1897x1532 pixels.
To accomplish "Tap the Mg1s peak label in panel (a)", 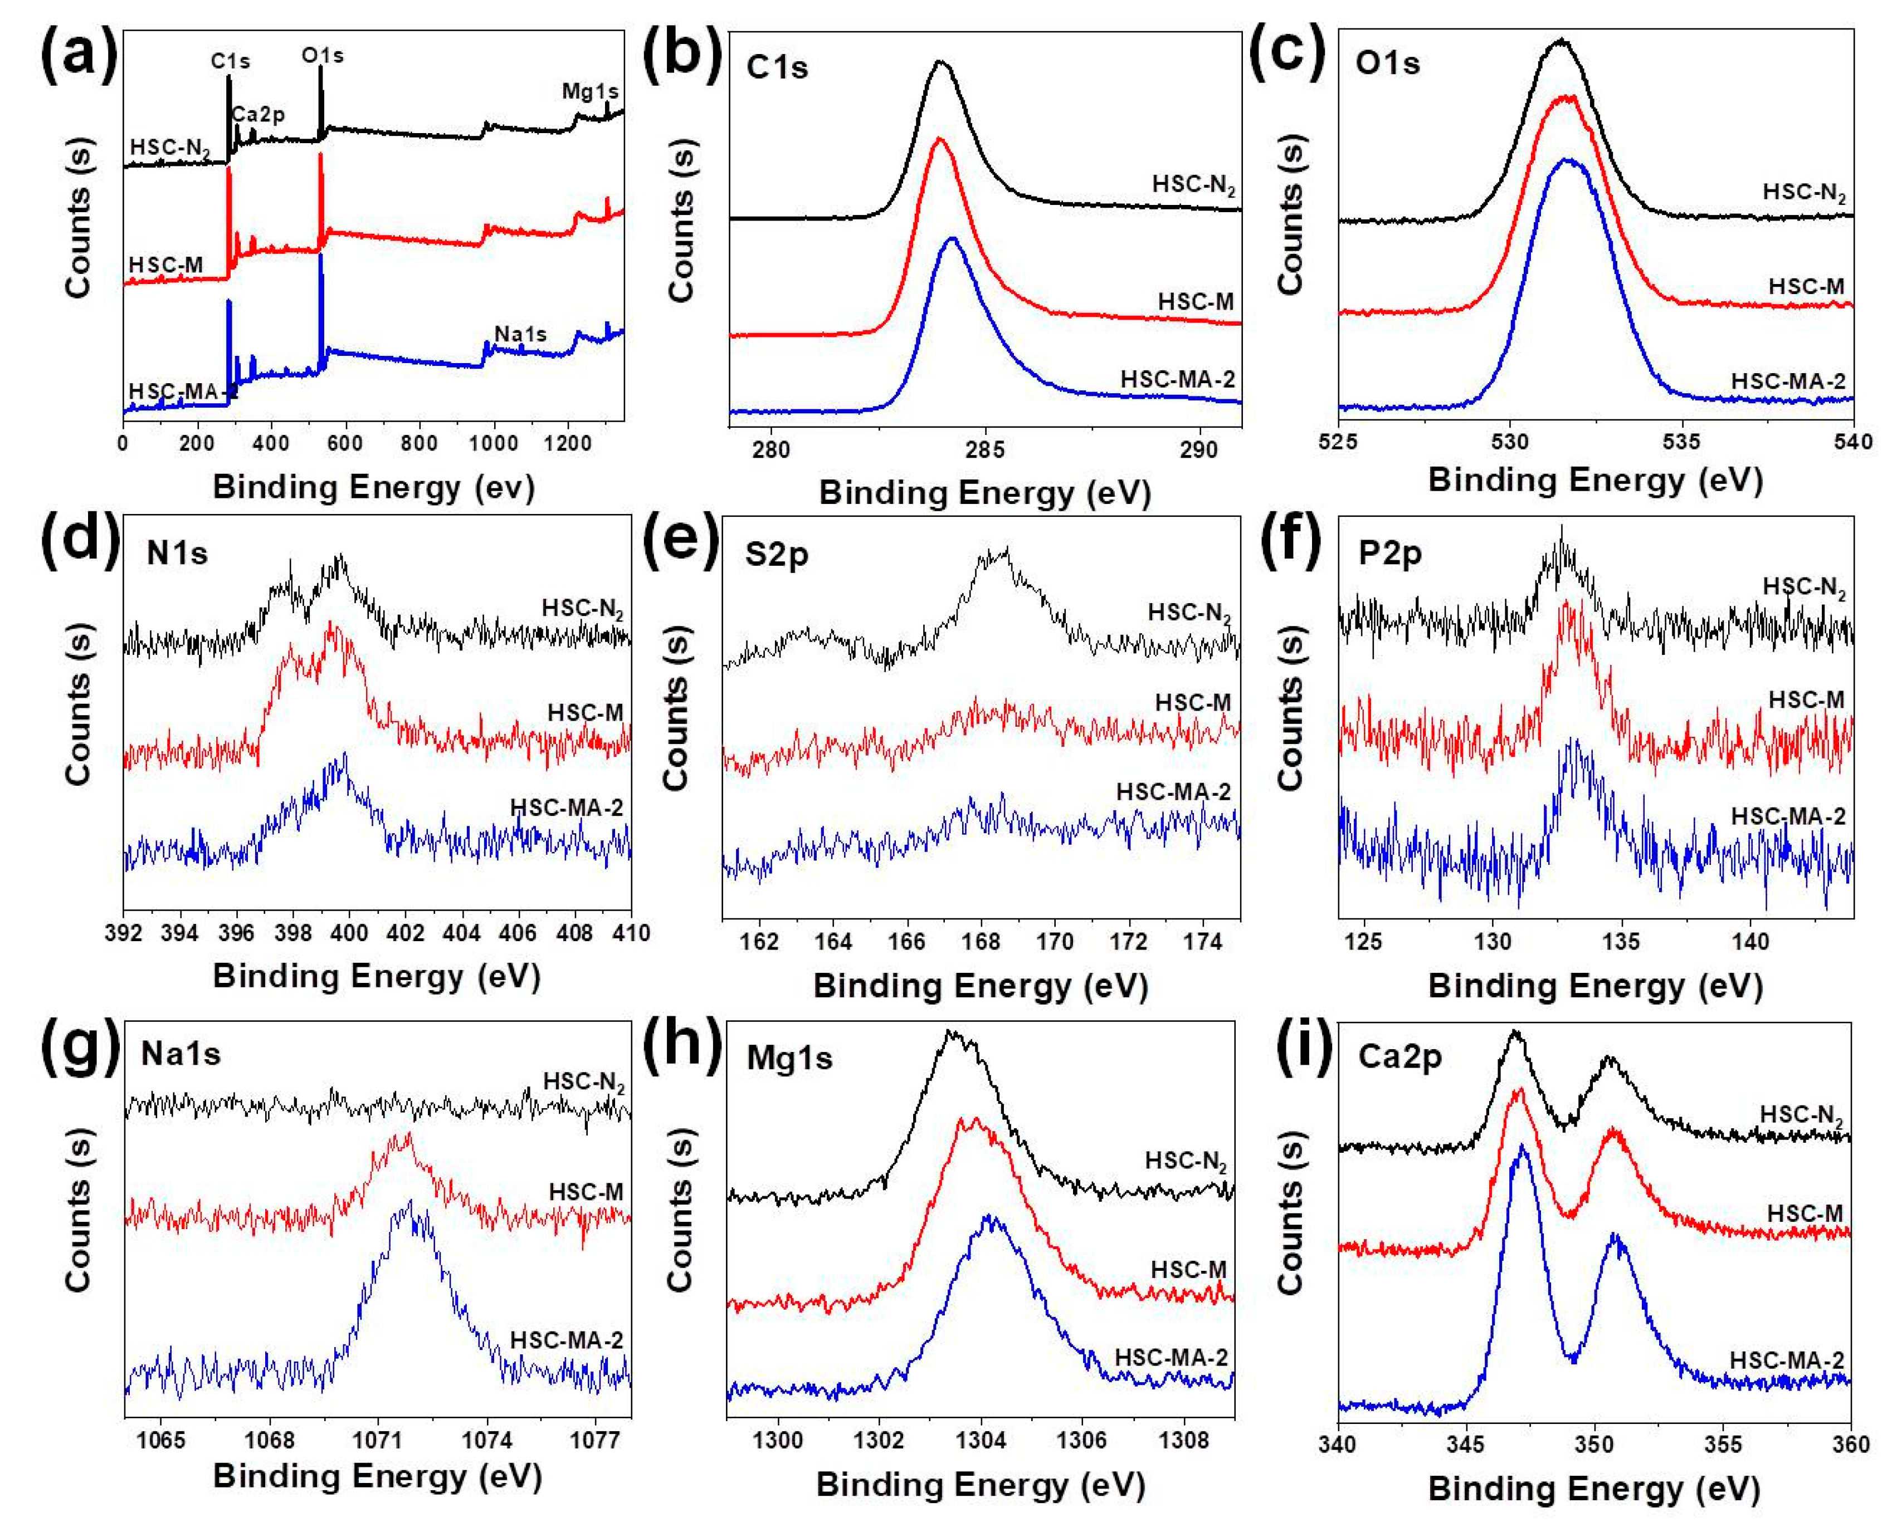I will click(x=589, y=91).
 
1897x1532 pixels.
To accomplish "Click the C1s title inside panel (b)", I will click(x=777, y=67).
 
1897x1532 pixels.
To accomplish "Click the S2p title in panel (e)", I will click(x=777, y=554).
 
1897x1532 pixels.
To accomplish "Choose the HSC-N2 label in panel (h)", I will click(x=1186, y=1161).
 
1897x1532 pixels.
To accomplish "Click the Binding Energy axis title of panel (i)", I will click(x=1594, y=1488).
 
